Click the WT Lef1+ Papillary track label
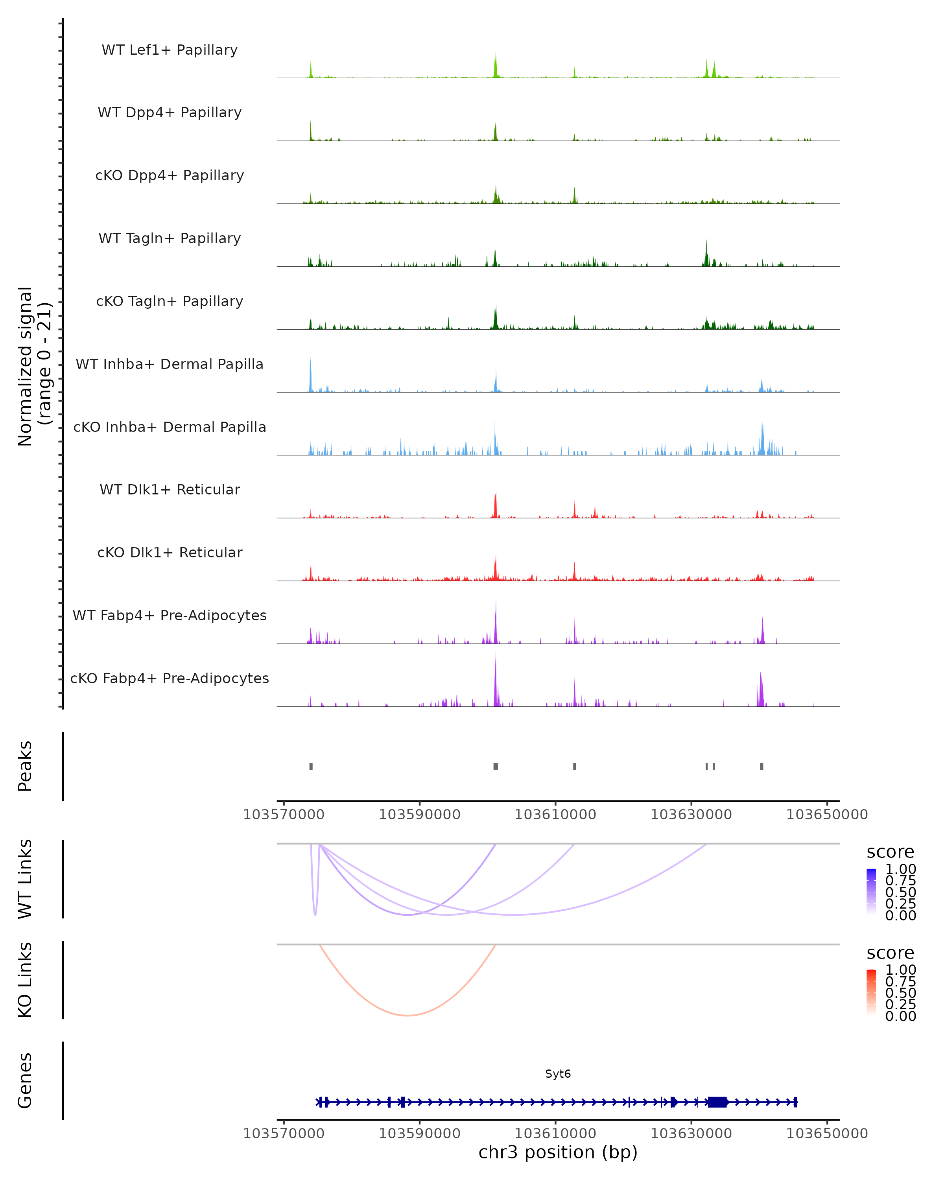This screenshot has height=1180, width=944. point(170,50)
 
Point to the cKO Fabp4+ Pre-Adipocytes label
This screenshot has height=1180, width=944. point(170,678)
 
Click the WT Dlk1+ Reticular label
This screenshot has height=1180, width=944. point(170,489)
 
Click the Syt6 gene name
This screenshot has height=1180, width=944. point(558,1074)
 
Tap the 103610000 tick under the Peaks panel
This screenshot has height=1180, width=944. point(555,815)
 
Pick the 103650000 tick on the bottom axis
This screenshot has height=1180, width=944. point(826,1134)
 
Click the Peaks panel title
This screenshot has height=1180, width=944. point(25,766)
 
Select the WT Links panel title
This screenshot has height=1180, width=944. point(25,879)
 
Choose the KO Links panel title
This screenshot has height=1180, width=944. point(25,980)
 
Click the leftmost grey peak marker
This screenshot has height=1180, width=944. point(311,766)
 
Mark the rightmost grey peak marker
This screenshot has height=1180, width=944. point(761,766)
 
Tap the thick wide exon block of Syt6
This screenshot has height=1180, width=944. point(717,1102)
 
